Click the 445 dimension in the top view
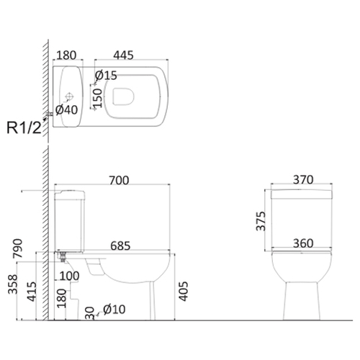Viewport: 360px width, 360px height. (123, 55)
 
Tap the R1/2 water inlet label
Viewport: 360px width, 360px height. (24, 127)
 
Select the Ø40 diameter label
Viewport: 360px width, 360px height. (66, 110)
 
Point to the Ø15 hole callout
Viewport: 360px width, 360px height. (106, 76)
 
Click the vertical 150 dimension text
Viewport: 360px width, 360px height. (98, 98)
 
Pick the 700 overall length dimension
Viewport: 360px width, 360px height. (119, 180)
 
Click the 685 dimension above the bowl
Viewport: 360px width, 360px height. (120, 246)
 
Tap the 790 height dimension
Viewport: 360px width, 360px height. (18, 248)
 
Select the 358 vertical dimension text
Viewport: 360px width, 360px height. (13, 284)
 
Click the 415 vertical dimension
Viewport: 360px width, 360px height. (32, 292)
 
